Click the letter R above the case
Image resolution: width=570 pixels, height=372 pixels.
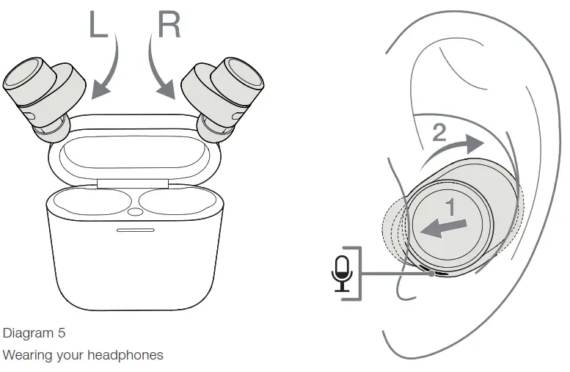tap(167, 24)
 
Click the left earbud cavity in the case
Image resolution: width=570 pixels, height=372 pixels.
tap(92, 202)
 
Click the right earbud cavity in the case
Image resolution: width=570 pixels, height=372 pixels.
tap(174, 202)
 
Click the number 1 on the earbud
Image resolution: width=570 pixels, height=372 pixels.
tap(452, 208)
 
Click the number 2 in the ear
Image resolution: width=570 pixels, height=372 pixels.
tap(439, 133)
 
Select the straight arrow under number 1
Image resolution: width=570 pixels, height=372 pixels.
tap(443, 227)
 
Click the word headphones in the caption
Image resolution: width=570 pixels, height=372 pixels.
tap(125, 356)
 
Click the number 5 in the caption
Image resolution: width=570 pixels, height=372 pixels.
tap(62, 333)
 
